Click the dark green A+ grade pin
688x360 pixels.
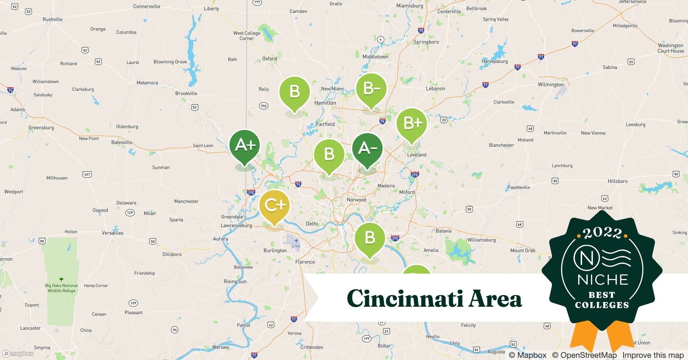(245, 145)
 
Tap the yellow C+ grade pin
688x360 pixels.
(274, 205)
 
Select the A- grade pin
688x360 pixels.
(367, 148)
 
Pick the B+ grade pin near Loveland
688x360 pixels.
(411, 123)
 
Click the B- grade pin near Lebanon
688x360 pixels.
(371, 89)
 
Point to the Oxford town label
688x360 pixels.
(269, 59)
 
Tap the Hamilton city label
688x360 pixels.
(325, 103)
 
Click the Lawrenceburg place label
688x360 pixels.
(236, 225)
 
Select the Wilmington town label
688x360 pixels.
(550, 85)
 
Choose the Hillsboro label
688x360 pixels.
(617, 181)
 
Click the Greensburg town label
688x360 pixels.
(41, 127)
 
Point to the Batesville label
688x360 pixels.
(122, 142)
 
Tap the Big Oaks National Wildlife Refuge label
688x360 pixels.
(61, 288)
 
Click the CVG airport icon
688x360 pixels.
(296, 241)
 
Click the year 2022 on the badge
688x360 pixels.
(602, 233)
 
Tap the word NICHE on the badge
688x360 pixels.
(603, 280)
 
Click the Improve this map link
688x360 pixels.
(653, 355)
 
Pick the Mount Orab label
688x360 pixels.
(523, 251)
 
